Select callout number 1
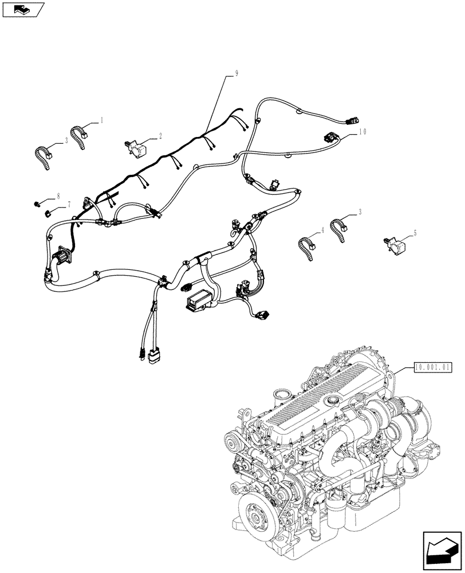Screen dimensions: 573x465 point(102,120)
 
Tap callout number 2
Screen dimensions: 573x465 point(160,136)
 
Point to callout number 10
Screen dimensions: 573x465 point(362,131)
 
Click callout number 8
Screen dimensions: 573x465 point(58,196)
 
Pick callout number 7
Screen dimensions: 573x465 point(69,205)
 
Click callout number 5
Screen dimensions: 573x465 point(415,233)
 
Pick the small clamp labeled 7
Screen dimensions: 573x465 point(49,214)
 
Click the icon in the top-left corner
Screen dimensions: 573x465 point(22,9)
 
